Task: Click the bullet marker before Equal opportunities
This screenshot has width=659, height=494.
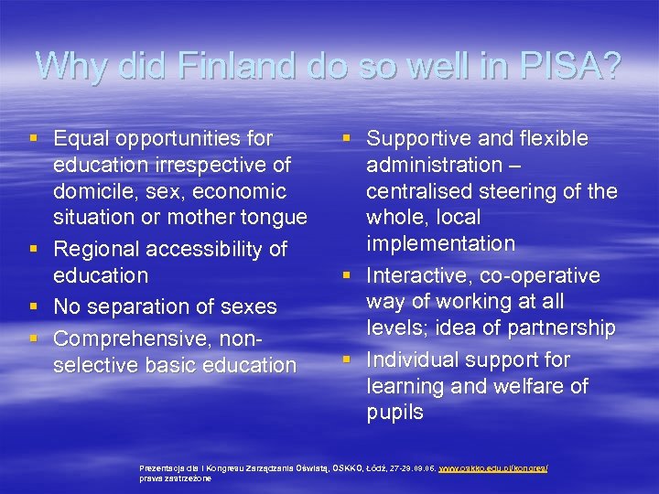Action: point(34,139)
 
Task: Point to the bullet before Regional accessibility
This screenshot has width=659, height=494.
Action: point(34,249)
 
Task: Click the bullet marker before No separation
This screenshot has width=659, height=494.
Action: point(34,306)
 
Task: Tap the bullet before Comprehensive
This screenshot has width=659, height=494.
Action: point(34,338)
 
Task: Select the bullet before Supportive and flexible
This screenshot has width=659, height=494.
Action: point(347,139)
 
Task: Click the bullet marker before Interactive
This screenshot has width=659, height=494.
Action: point(347,276)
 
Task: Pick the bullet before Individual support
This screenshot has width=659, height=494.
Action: point(347,360)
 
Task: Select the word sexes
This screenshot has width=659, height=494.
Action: point(246,306)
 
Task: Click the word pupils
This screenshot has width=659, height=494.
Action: point(394,412)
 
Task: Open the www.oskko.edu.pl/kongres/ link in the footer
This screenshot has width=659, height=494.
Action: point(493,467)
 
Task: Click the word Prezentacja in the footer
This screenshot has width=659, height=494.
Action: point(162,467)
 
